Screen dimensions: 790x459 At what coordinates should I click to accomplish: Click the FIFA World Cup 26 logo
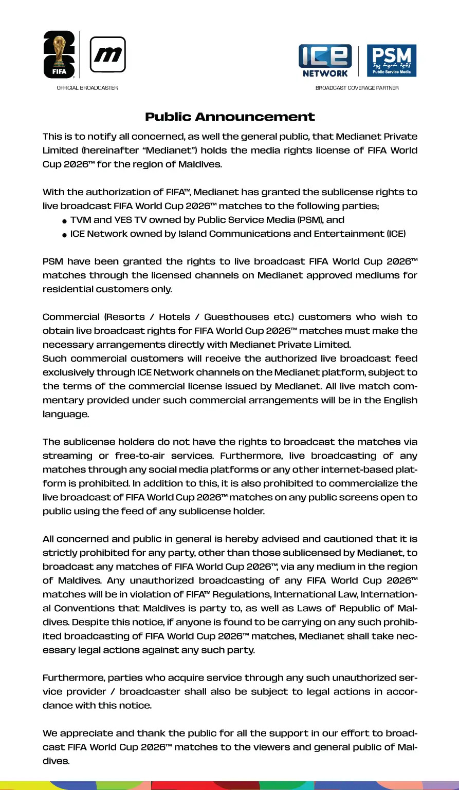[60, 55]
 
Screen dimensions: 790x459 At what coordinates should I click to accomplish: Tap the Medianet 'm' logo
[107, 54]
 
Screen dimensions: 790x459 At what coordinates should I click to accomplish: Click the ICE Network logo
[325, 61]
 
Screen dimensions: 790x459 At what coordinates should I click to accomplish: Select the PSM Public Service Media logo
[392, 61]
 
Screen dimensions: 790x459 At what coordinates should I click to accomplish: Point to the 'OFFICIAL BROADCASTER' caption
[87, 88]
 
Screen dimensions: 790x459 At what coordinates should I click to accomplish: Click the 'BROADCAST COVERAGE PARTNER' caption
[357, 88]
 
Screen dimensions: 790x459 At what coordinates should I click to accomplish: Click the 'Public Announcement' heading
[229, 117]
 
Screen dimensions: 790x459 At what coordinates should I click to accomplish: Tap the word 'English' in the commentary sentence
[400, 400]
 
